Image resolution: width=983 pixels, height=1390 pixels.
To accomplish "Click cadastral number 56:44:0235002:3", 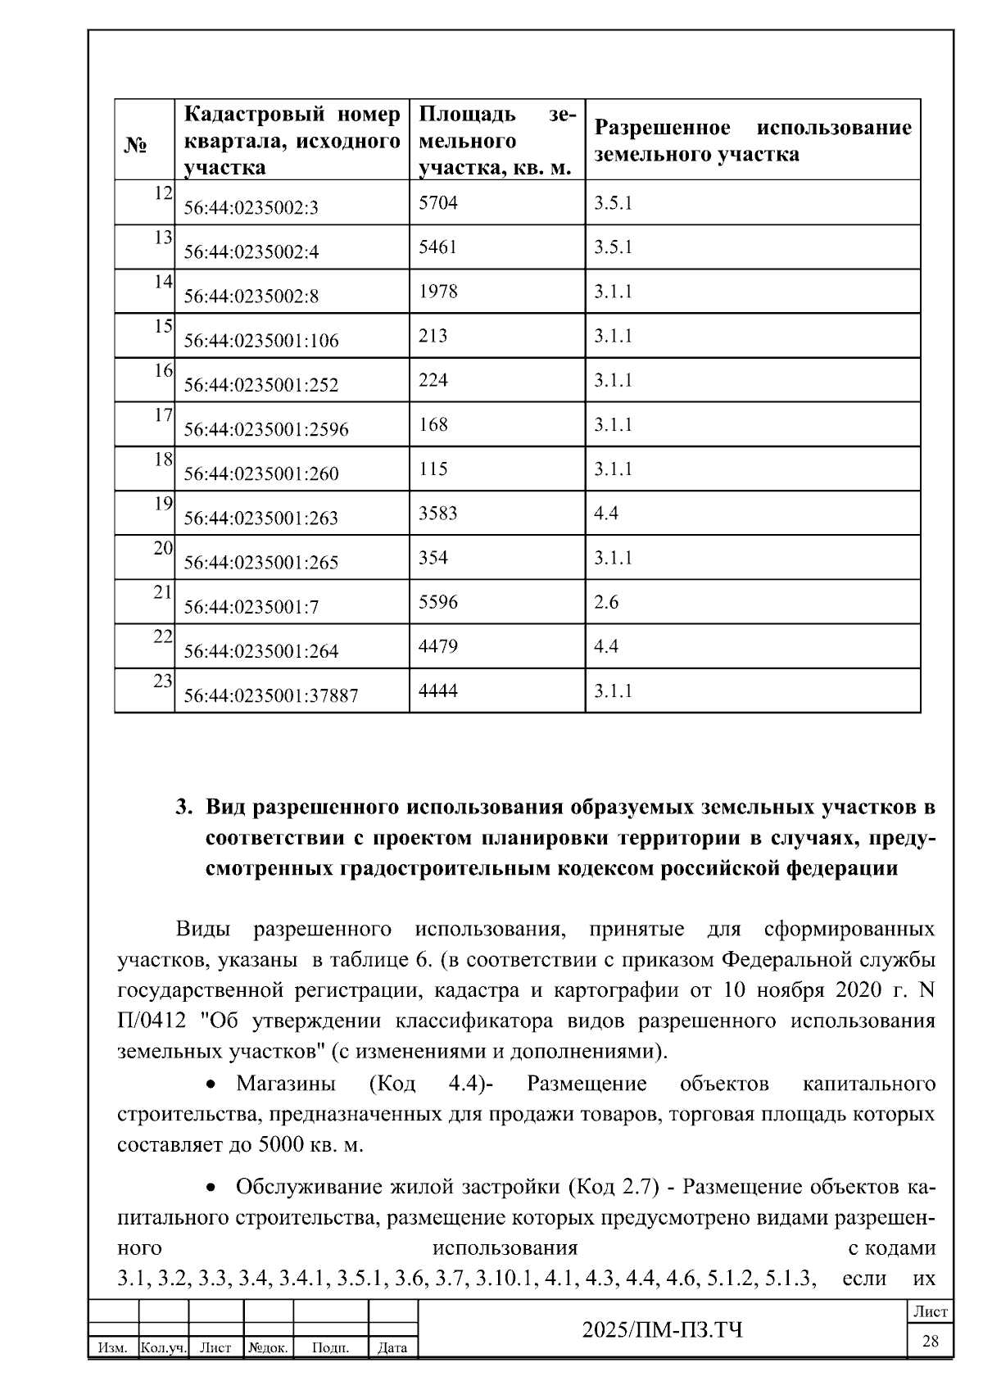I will tap(251, 208).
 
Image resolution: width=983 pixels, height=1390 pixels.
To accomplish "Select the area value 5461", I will tap(437, 247).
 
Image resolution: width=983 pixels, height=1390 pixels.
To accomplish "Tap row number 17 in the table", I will tap(163, 415).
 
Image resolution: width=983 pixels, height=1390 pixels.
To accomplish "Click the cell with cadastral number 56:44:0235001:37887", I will tap(270, 695).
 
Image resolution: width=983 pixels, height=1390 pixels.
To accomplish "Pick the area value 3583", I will tap(437, 514).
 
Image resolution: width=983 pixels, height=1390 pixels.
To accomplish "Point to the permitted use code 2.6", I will tap(606, 603).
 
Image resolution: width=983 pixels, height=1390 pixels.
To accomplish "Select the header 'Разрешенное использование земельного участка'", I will tap(752, 141).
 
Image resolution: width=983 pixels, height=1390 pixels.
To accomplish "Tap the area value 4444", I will tap(438, 691).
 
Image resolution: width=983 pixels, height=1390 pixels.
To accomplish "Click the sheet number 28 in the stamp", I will tap(931, 1342).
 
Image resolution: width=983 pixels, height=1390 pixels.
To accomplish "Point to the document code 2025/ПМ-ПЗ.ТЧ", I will tap(663, 1329).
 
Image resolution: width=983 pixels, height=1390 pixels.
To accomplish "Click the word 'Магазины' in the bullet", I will tap(286, 1084).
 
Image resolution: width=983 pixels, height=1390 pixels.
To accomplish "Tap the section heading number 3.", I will tap(183, 808).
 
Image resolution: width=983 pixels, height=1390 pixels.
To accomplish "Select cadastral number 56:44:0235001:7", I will tap(251, 607).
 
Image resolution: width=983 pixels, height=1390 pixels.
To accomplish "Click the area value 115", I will tap(433, 469).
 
